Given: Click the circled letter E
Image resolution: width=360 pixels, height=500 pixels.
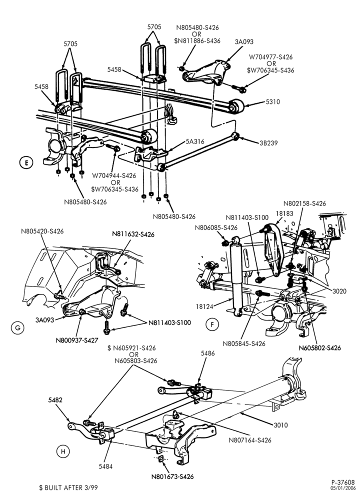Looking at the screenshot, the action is (26, 163).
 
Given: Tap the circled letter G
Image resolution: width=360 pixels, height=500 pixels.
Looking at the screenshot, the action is (17, 327).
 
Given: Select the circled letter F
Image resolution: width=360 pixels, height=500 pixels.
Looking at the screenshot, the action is (212, 324).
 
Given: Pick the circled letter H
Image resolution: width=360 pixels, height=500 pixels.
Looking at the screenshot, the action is (63, 451).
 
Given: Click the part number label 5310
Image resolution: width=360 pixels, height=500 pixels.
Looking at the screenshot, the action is (272, 101).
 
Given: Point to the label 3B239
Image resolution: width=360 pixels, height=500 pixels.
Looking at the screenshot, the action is (268, 143).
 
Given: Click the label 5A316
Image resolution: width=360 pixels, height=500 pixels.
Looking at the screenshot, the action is (195, 141).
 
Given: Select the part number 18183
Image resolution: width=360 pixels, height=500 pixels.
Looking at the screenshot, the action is (284, 213).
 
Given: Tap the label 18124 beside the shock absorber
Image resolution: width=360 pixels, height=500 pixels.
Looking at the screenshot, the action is (204, 306).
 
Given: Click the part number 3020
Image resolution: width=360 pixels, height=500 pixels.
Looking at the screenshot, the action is (339, 291).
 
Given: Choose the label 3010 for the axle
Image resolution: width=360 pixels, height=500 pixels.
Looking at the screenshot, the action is (280, 424).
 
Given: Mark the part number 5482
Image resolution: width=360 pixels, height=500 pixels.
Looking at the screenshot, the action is (55, 400).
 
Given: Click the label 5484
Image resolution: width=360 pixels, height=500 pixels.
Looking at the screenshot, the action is (105, 466).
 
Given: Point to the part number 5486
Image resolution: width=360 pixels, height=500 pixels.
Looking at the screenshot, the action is (208, 353).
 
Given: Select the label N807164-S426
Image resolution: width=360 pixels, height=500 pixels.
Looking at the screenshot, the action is (250, 440).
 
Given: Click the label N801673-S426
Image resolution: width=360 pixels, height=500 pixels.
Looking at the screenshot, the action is (172, 476).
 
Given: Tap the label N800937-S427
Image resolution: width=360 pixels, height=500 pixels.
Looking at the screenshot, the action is (77, 340).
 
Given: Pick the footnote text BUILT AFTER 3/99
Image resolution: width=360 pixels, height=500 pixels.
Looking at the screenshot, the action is (71, 487).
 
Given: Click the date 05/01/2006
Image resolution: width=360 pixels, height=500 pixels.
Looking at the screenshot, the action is (343, 488).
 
